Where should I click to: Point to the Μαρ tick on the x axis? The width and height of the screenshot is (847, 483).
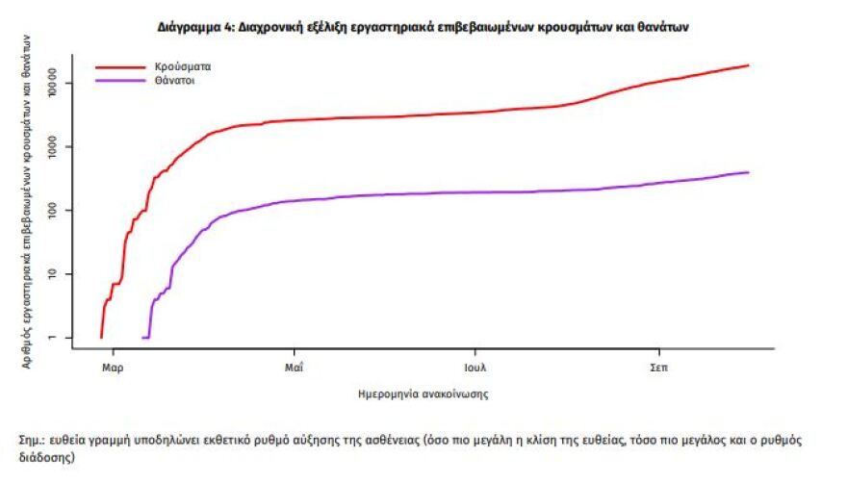tap(113, 368)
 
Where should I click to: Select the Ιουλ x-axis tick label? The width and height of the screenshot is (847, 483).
tap(476, 368)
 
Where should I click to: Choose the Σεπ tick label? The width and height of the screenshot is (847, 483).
tap(658, 368)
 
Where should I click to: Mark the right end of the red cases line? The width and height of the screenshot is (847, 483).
tap(748, 65)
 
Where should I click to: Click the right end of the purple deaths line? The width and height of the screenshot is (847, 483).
tap(748, 172)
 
